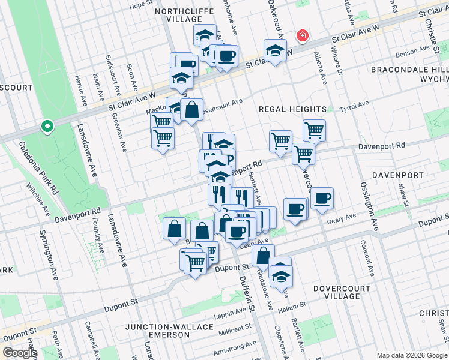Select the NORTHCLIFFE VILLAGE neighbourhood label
point(176,15)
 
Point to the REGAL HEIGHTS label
point(292,109)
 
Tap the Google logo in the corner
point(20,353)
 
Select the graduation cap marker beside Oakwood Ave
point(274,50)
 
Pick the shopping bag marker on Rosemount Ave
point(191,110)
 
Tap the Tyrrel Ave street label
point(354,106)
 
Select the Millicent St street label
point(234,330)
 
